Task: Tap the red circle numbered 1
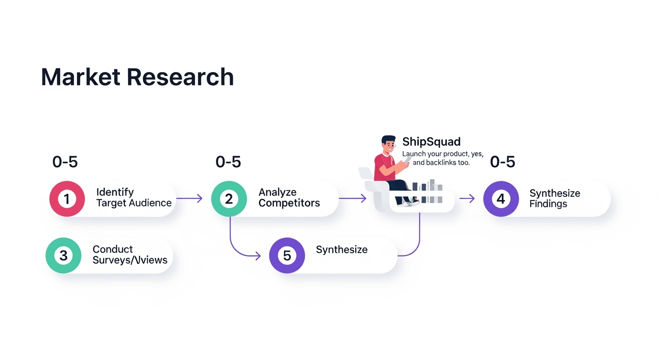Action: (67, 199)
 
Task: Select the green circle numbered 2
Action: (229, 199)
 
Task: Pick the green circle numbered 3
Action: (63, 255)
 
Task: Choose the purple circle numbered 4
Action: (501, 199)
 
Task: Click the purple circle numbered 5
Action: (287, 255)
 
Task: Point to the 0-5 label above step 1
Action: (65, 162)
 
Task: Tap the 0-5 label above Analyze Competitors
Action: (228, 162)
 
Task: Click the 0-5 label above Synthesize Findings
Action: (502, 162)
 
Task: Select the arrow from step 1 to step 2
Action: (189, 199)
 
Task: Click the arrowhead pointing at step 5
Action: (258, 255)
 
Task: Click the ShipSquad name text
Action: (431, 142)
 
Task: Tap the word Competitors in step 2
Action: (289, 203)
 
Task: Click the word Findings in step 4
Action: (548, 204)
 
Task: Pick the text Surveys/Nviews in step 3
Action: (130, 260)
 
